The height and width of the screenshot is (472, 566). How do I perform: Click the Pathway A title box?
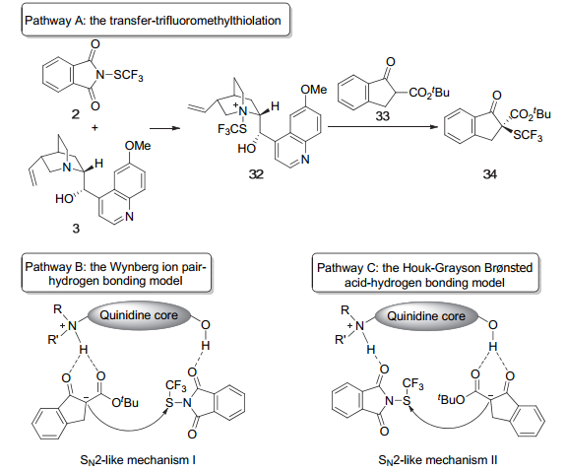click(156, 20)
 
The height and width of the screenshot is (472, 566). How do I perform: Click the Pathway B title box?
click(116, 273)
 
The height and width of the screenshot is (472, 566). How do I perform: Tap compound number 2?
click(75, 114)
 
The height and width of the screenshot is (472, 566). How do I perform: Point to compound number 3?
click(76, 228)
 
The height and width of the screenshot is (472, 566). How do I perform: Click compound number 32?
click(256, 174)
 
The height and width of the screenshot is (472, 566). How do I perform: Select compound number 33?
click(382, 116)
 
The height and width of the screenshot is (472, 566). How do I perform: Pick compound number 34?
click(490, 174)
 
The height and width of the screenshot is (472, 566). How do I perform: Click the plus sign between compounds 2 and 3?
click(94, 127)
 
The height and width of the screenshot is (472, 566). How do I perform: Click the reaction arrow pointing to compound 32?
click(165, 128)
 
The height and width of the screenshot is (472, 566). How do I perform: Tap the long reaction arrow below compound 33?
click(383, 127)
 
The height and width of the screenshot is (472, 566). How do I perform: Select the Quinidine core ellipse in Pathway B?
click(139, 315)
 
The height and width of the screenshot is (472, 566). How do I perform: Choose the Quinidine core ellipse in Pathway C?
click(426, 316)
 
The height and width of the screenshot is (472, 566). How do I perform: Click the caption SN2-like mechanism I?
click(138, 460)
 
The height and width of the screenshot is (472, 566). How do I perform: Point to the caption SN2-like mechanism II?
click(438, 460)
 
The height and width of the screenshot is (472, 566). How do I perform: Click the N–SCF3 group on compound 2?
click(119, 75)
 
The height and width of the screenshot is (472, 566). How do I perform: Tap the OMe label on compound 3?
click(138, 146)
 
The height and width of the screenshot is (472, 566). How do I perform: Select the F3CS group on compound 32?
click(232, 129)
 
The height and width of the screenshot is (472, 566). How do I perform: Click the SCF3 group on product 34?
click(528, 136)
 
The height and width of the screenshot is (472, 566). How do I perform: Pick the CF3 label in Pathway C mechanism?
click(413, 384)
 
